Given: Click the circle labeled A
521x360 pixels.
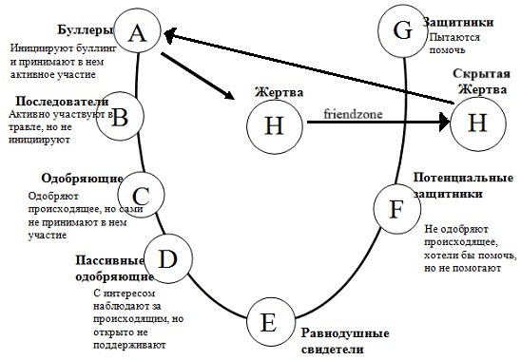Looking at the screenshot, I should pos(138,33).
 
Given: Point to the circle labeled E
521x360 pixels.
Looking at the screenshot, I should pos(269,324).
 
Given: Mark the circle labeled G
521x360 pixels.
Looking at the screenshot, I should pos(402,28).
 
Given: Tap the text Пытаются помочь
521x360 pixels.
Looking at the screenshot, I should pos(454,45).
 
